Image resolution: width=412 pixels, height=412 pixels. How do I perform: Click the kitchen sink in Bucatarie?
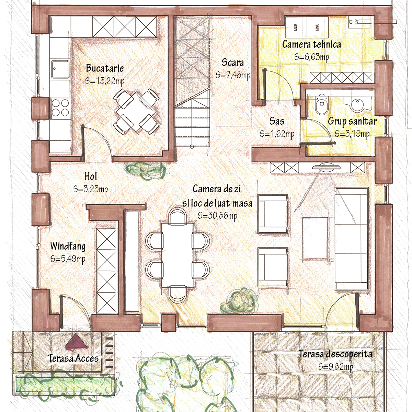point(60,69)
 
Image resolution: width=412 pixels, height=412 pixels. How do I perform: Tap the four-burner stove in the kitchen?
point(60,108)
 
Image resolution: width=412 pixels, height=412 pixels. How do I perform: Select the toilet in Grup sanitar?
point(322,105)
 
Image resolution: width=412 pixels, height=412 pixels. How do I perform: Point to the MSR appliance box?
point(296,27)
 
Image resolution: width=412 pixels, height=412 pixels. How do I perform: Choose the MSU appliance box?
point(318,27)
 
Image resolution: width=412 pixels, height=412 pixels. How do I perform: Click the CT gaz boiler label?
point(353,22)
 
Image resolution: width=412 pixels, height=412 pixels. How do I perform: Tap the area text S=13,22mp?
point(105,81)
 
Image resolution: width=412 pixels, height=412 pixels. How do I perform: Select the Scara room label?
point(233,62)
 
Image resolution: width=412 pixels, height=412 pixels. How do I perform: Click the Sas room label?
point(277,121)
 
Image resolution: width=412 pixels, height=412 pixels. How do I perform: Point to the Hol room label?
point(90,176)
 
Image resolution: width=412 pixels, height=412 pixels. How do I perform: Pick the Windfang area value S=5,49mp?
point(68,259)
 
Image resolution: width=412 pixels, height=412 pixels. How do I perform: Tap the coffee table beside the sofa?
point(315,238)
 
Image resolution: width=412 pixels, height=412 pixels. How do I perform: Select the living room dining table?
point(178,255)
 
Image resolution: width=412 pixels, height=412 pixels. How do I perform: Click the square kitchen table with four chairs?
point(136,112)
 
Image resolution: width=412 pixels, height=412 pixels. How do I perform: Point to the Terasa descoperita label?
point(335,354)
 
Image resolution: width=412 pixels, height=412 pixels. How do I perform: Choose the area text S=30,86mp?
point(217,216)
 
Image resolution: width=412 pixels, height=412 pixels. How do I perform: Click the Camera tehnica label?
point(311,44)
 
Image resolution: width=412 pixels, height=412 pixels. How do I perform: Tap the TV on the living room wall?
point(326,167)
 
